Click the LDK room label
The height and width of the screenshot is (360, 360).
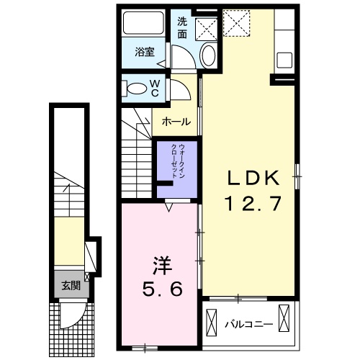click(x=253, y=178)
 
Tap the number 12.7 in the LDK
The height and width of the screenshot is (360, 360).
click(x=253, y=203)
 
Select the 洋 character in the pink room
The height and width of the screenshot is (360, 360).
click(x=163, y=266)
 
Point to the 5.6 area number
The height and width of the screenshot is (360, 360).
click(x=163, y=289)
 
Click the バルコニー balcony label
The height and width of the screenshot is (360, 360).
click(x=249, y=325)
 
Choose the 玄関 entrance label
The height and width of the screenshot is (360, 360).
click(x=71, y=286)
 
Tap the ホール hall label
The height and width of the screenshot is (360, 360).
click(x=176, y=122)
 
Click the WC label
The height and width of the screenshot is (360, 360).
click(x=155, y=89)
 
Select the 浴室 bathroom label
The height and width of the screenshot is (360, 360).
click(x=145, y=52)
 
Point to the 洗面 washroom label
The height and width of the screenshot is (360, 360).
click(x=182, y=28)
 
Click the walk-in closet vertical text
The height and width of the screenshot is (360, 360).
click(x=178, y=161)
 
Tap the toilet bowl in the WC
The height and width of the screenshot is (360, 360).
click(x=137, y=89)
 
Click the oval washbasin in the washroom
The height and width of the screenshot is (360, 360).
click(x=208, y=55)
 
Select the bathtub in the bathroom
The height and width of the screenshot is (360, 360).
click(x=143, y=22)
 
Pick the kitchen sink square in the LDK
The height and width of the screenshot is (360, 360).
click(x=284, y=60)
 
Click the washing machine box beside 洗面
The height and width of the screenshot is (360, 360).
click(x=206, y=29)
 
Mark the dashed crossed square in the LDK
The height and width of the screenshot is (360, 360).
click(x=237, y=23)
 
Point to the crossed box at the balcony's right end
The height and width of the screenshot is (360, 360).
click(x=284, y=318)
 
